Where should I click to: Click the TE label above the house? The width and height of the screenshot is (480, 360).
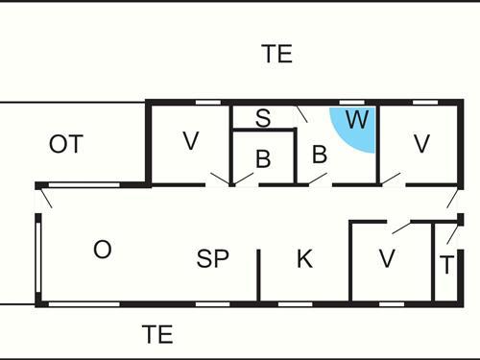click(276, 54)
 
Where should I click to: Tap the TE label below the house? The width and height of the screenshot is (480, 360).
click(157, 334)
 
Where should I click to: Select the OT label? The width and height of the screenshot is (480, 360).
click(66, 145)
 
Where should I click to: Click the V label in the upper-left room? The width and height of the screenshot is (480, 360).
click(190, 142)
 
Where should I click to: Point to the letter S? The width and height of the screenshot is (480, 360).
click(262, 118)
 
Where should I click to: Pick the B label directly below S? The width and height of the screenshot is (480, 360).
click(262, 159)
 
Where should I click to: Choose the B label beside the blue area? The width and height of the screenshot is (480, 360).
click(320, 155)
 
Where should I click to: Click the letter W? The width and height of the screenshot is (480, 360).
click(356, 121)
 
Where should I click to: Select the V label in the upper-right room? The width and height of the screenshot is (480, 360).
click(420, 144)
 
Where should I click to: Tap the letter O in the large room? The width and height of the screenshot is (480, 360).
click(102, 250)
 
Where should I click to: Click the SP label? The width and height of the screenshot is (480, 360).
click(213, 258)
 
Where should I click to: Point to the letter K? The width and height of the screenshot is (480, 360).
click(304, 258)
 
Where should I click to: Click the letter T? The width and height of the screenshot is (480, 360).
click(446, 265)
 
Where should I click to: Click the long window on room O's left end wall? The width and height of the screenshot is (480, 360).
click(38, 258)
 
